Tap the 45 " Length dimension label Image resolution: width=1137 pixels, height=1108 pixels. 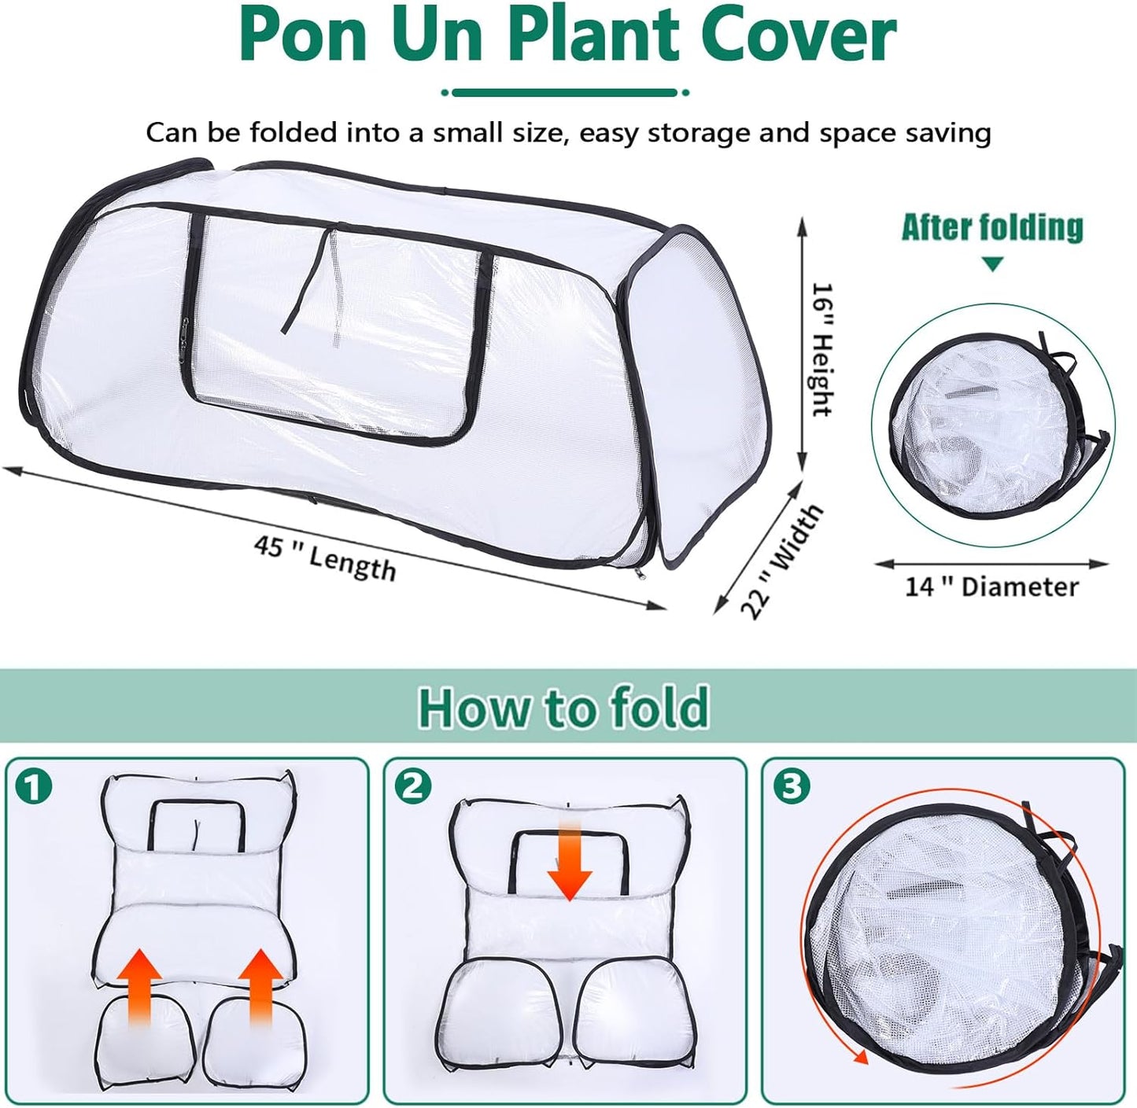click(x=325, y=557)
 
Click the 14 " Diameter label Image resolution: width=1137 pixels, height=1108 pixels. click(x=991, y=587)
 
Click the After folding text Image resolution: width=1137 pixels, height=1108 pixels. click(x=992, y=227)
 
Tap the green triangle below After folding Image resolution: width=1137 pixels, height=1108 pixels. click(x=993, y=263)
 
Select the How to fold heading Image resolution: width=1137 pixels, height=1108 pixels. click(x=563, y=707)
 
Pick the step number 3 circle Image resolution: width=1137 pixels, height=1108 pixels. click(x=791, y=787)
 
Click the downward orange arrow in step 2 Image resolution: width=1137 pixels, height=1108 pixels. click(x=569, y=863)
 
